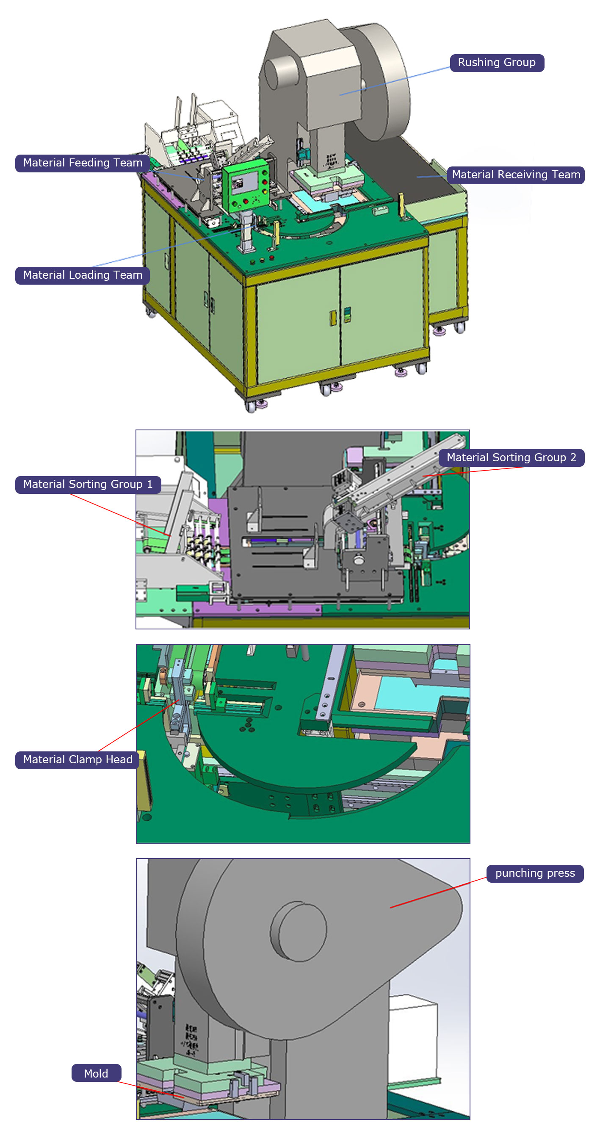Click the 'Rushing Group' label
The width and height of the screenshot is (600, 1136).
pyautogui.click(x=496, y=63)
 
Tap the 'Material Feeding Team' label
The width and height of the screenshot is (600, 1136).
pyautogui.click(x=83, y=163)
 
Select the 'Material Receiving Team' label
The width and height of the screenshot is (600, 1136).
pyautogui.click(x=515, y=175)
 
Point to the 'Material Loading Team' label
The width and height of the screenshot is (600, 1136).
pyautogui.click(x=83, y=275)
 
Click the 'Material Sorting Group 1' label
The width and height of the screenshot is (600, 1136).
pyautogui.click(x=87, y=485)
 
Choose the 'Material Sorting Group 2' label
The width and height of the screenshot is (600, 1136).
pyautogui.click(x=511, y=458)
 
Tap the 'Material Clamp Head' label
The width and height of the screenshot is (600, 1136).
pyautogui.click(x=77, y=760)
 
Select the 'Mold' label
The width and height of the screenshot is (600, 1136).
pyautogui.click(x=96, y=1073)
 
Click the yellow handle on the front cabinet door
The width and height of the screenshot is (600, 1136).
pyautogui.click(x=333, y=318)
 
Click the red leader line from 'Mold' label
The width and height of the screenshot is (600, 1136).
pyautogui.click(x=150, y=1089)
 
